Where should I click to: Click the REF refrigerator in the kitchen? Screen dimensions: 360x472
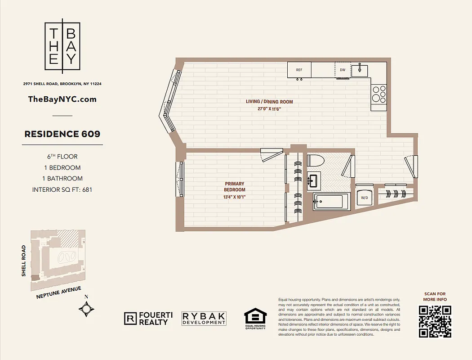click(299, 70)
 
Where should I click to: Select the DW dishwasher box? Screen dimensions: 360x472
click(342, 70)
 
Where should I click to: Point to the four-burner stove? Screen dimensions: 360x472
click(378, 94)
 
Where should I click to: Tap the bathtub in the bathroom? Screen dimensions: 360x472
click(330, 202)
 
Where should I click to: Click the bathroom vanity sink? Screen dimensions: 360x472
click(314, 181)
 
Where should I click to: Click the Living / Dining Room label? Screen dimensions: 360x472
click(269, 102)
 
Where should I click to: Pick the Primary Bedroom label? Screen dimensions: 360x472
click(235, 184)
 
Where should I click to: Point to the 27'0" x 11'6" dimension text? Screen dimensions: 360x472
click(269, 109)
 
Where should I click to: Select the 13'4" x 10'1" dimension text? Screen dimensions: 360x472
click(235, 196)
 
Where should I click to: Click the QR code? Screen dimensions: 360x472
click(435, 321)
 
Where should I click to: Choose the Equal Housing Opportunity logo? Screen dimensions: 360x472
click(255, 318)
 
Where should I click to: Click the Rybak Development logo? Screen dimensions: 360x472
click(204, 319)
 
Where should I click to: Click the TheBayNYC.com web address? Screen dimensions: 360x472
click(62, 99)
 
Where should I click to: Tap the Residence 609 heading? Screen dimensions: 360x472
click(62, 134)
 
